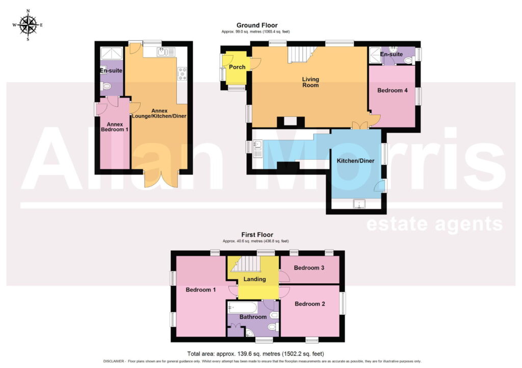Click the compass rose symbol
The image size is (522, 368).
click(28, 25)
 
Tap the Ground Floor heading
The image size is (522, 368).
click(257, 26)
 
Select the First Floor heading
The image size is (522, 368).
click(257, 235)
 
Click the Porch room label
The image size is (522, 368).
click(237, 67)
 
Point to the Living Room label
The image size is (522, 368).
click(310, 82)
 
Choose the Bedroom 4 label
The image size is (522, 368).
click(392, 90)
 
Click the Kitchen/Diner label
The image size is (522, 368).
click(355, 161)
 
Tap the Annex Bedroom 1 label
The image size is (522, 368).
click(115, 127)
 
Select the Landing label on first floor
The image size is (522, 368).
click(254, 279)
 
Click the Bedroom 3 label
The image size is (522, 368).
click(309, 267)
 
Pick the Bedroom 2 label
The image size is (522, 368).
click(309, 304)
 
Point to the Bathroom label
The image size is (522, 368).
click(253, 317)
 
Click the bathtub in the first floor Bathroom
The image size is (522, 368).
click(242, 307)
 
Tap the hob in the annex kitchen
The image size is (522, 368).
click(182, 73)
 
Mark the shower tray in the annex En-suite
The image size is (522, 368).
click(112, 53)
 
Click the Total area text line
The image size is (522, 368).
click(255, 354)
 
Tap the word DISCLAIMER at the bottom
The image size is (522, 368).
click(114, 361)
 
